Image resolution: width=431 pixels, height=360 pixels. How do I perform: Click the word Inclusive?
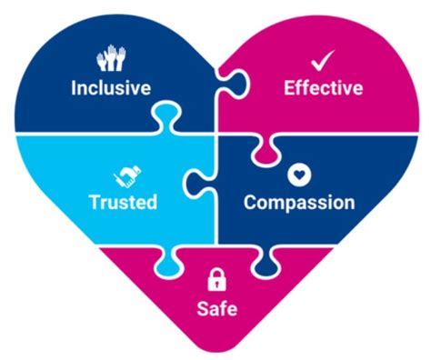click(x=111, y=88)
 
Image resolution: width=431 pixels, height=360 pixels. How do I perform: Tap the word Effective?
click(x=323, y=88)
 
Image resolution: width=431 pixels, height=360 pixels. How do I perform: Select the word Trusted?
click(x=123, y=201)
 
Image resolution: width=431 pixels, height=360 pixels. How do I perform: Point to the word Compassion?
click(x=298, y=201)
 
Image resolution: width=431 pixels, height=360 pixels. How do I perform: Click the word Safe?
click(x=216, y=308)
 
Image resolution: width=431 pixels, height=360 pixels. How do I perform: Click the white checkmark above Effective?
click(x=323, y=61)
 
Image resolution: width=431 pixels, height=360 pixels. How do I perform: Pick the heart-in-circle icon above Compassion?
click(x=297, y=174)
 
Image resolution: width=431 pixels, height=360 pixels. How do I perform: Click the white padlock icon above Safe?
click(x=216, y=278)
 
